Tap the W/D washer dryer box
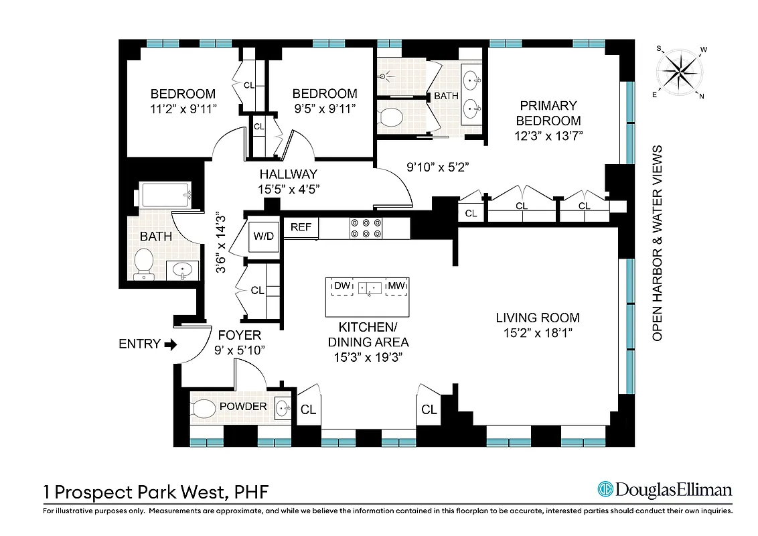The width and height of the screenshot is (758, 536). coord(263,236)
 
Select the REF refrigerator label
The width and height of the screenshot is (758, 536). coord(301,228)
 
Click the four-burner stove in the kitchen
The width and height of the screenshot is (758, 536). coord(366,228)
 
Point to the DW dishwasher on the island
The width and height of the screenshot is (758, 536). coord(343,287)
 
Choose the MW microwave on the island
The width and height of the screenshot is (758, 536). coord(397,287)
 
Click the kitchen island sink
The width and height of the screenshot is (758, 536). coord(370,288)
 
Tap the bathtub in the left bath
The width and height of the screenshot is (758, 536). coord(167,196)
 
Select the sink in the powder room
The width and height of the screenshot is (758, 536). coord(284,407)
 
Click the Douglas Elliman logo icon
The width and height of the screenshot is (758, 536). coord(605,489)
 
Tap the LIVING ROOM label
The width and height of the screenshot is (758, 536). coord(537,318)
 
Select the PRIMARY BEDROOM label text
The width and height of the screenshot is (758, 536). coord(547,113)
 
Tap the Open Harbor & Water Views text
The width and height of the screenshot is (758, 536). coord(658,243)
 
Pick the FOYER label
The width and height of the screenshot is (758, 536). coord(240,336)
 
